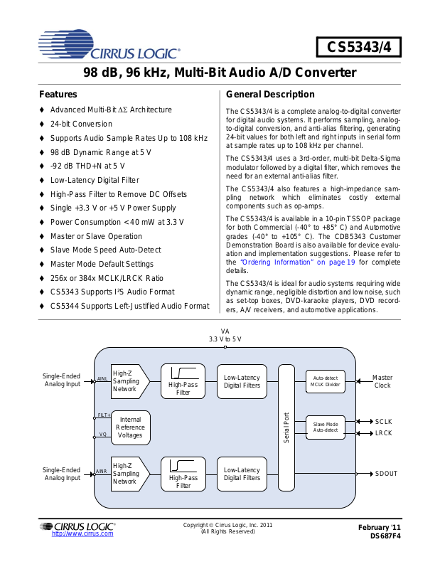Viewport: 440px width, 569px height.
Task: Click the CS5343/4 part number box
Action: coord(358,47)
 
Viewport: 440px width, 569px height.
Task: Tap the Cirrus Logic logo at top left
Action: coord(109,45)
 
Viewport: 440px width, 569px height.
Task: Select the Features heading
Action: coord(58,95)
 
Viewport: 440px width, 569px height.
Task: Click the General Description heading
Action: coord(270,95)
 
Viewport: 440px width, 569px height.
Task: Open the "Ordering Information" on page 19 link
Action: coord(297,262)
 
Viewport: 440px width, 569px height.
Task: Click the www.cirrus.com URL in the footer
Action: coord(82,533)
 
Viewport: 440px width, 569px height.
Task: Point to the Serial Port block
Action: coord(286,427)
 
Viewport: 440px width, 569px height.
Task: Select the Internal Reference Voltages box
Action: coord(131,427)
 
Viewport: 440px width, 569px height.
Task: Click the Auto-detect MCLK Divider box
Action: coord(326,381)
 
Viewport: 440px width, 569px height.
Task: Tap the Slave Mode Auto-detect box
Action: coord(326,427)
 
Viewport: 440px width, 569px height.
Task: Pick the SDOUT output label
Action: coord(386,474)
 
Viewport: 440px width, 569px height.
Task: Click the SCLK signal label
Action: coord(384,422)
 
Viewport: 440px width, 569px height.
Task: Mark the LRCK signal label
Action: coord(384,433)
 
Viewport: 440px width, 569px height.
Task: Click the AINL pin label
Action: coord(102,379)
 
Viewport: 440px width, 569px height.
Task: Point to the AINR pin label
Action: coord(102,472)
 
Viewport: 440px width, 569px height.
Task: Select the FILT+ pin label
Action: coord(104,415)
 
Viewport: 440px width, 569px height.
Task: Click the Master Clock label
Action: coord(382,381)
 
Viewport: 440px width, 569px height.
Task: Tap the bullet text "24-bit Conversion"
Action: coord(81,124)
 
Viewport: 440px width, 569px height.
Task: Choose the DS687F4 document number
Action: coord(385,536)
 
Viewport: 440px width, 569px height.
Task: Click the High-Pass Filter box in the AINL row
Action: coord(183,381)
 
